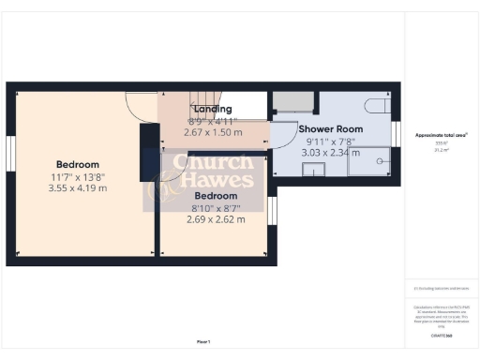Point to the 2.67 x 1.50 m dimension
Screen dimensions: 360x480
tap(213, 133)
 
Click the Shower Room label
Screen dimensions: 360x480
tap(330, 128)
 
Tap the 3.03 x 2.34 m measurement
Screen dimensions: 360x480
tap(330, 152)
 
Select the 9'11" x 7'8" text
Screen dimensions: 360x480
tap(330, 141)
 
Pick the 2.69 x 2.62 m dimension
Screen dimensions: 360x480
tap(216, 219)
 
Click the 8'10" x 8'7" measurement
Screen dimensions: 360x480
tap(216, 208)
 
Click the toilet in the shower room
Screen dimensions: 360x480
tap(378, 104)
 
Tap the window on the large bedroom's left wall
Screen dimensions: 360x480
tap(10, 155)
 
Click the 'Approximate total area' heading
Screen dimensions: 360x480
tap(442, 135)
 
